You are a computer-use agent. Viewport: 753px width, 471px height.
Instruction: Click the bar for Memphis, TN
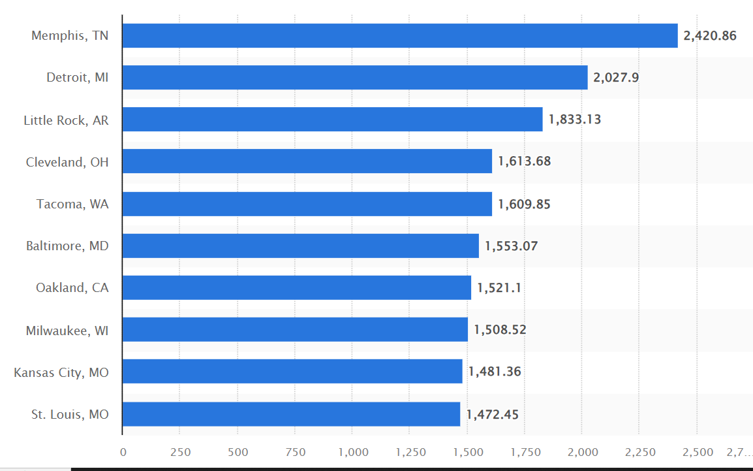(x=400, y=36)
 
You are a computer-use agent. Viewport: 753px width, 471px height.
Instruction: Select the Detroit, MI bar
(x=355, y=78)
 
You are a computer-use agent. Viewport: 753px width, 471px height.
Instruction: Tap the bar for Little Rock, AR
(x=332, y=120)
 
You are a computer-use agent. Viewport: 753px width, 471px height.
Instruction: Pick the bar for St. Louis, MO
(x=291, y=414)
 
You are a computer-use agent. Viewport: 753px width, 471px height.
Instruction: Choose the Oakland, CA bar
(x=296, y=288)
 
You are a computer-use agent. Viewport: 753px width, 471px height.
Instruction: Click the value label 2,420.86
(x=710, y=36)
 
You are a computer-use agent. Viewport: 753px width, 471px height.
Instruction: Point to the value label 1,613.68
(x=524, y=161)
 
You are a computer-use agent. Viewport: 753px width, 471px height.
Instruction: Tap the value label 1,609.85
(x=524, y=204)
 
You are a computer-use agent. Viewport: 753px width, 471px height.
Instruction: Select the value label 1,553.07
(x=511, y=246)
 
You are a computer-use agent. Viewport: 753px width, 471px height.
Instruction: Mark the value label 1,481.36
(x=495, y=372)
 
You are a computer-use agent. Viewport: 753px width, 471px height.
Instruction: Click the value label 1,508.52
(x=500, y=330)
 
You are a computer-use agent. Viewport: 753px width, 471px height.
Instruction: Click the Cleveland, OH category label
(x=67, y=162)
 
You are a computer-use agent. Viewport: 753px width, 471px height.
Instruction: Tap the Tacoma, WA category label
(x=72, y=204)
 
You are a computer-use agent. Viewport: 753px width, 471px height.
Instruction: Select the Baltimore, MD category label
(x=67, y=246)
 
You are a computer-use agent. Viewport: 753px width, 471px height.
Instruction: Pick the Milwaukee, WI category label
(x=67, y=331)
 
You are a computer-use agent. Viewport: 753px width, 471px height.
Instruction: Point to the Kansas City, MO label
(x=61, y=373)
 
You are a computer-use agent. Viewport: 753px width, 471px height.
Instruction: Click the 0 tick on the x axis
(x=123, y=452)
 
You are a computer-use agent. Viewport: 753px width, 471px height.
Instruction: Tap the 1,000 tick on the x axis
(x=352, y=452)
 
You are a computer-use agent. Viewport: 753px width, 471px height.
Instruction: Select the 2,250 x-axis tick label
(x=639, y=452)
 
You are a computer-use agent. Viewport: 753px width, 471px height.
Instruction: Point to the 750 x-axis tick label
(x=295, y=452)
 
